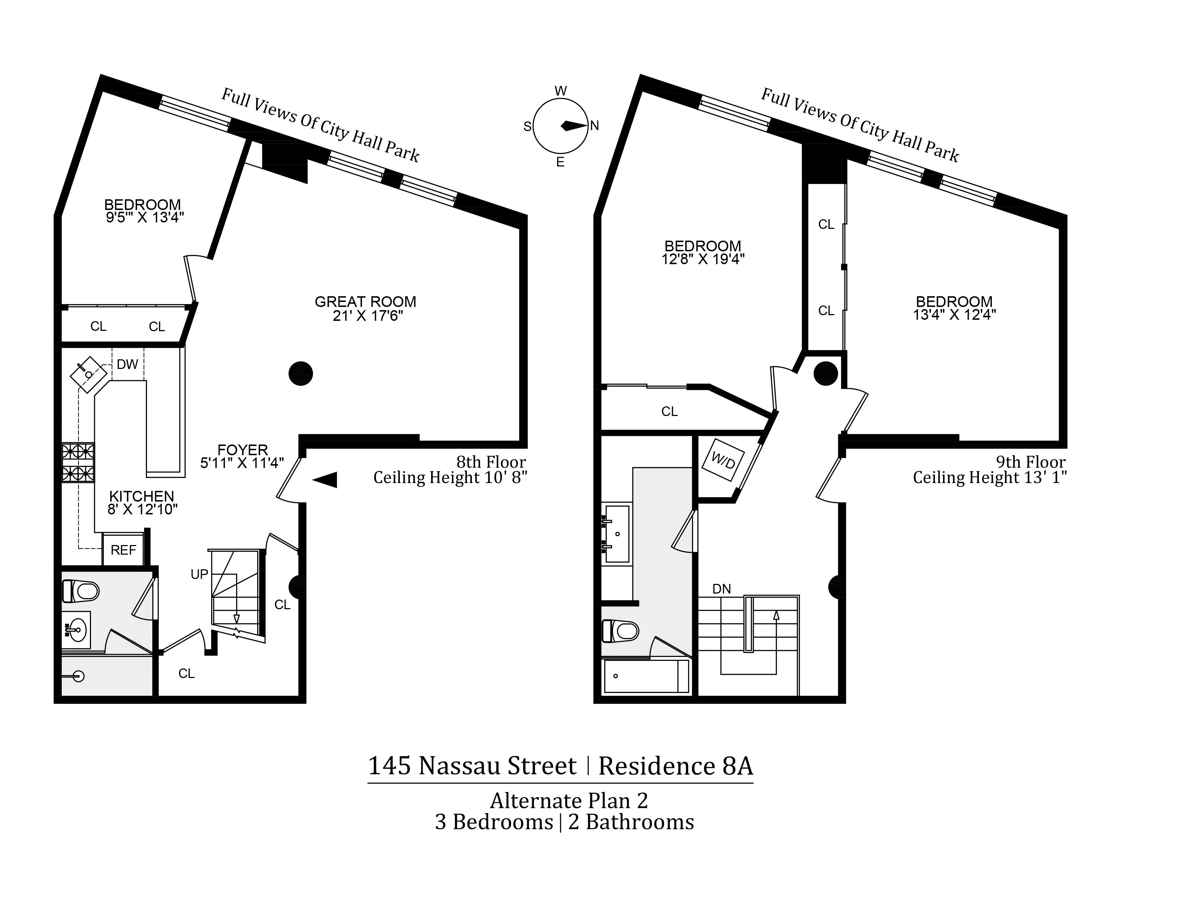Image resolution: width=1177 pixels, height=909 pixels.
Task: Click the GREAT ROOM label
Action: point(365,302)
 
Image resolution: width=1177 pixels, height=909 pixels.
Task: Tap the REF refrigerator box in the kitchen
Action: point(123,550)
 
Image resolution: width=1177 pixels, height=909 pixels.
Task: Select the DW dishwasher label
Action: point(127,365)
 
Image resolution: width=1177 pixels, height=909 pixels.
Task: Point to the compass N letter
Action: point(595,126)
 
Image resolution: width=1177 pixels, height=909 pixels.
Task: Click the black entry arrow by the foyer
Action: point(325,479)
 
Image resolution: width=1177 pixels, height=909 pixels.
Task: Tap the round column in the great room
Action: point(301,373)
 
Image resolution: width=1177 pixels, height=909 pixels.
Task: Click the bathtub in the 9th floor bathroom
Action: point(646,676)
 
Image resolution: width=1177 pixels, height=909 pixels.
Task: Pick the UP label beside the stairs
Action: point(199,575)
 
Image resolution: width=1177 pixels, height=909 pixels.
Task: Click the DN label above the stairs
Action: point(722,589)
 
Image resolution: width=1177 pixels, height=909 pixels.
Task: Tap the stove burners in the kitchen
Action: point(78,462)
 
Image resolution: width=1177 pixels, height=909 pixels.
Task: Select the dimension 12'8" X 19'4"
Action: point(703,260)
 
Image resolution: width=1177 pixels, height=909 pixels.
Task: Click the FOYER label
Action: point(243,450)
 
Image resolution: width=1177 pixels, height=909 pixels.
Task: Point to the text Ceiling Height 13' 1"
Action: point(989,478)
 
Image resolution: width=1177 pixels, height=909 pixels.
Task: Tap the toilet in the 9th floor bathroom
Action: point(620,631)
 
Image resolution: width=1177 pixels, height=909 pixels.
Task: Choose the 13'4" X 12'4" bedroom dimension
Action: point(954,315)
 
